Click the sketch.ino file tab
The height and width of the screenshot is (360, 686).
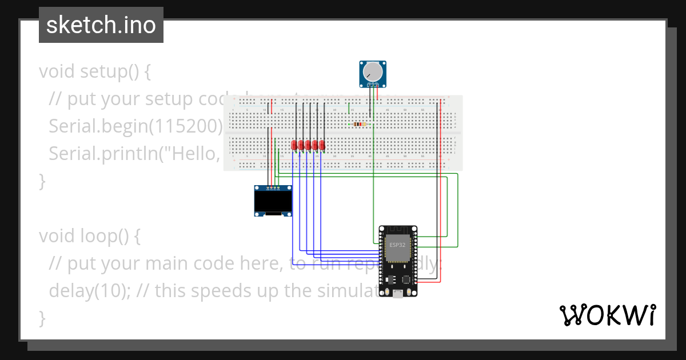pyautogui.click(x=101, y=25)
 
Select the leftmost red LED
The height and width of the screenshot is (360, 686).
pyautogui.click(x=294, y=145)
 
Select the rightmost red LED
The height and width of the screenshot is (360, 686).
pyautogui.click(x=322, y=145)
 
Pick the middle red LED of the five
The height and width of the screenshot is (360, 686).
pyautogui.click(x=308, y=145)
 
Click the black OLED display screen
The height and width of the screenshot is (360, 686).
pyautogui.click(x=273, y=201)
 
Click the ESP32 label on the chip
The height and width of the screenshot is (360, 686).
pyautogui.click(x=398, y=245)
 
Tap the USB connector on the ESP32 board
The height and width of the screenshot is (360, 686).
pyautogui.click(x=397, y=293)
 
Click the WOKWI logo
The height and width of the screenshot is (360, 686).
pyautogui.click(x=607, y=315)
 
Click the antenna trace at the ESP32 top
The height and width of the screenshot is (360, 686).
pyautogui.click(x=398, y=230)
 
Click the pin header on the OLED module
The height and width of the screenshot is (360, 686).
pyautogui.click(x=273, y=187)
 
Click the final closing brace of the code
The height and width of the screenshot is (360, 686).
pyautogui.click(x=42, y=318)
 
